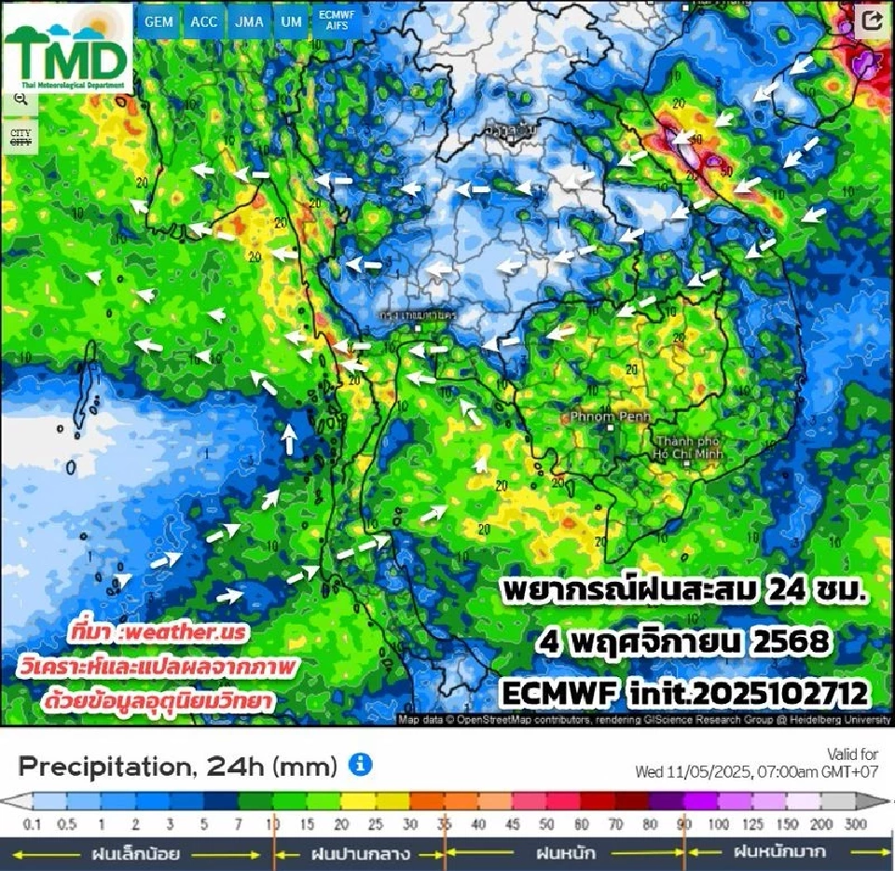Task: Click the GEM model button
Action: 158,21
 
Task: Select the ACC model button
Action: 203,21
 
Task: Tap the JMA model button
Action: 249,21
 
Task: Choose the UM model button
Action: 291,21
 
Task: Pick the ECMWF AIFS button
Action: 336,21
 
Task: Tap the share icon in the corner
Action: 873,21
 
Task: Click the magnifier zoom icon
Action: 21,100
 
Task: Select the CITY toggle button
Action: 21,137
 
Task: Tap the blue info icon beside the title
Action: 360,766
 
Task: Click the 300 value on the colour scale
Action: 856,824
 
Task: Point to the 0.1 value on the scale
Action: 34,824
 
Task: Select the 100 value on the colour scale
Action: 719,824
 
